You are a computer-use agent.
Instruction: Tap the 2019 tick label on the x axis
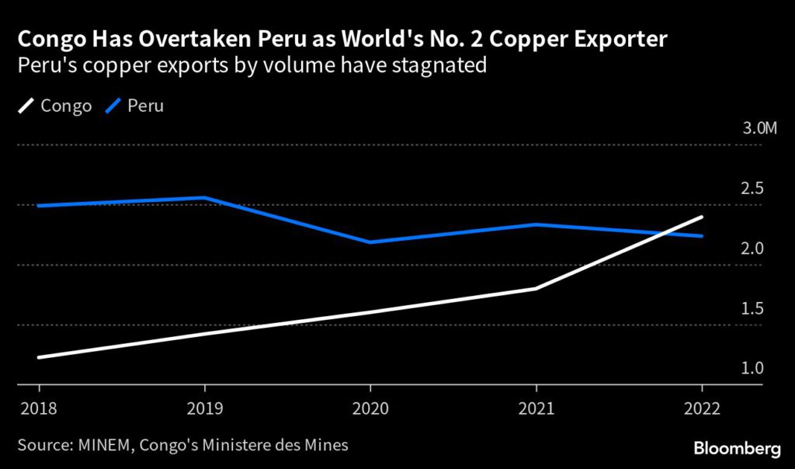coord(204,408)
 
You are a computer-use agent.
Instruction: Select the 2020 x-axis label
coord(370,408)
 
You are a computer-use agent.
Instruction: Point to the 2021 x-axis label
coord(536,408)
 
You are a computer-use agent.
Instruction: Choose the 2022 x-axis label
coord(702,408)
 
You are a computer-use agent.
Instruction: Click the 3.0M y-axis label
coord(759,128)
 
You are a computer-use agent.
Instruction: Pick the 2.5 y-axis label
coord(752,189)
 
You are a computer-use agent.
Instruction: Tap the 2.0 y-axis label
coord(752,248)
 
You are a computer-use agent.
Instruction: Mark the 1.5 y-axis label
coord(752,308)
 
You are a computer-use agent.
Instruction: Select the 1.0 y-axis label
coord(752,368)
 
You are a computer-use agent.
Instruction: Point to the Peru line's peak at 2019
coord(204,197)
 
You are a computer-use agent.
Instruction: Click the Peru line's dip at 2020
coord(370,242)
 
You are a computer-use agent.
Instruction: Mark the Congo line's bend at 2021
coord(536,289)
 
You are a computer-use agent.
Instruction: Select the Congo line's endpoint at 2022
coord(702,217)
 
